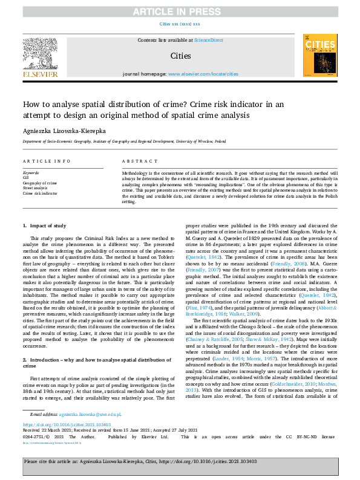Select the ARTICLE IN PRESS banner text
coord(180,11)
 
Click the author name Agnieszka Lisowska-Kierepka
coord(70,129)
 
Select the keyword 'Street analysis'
coord(35,187)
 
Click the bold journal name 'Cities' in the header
coord(180,56)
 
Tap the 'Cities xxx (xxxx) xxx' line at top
coord(180,24)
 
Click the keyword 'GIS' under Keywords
coord(27,177)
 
